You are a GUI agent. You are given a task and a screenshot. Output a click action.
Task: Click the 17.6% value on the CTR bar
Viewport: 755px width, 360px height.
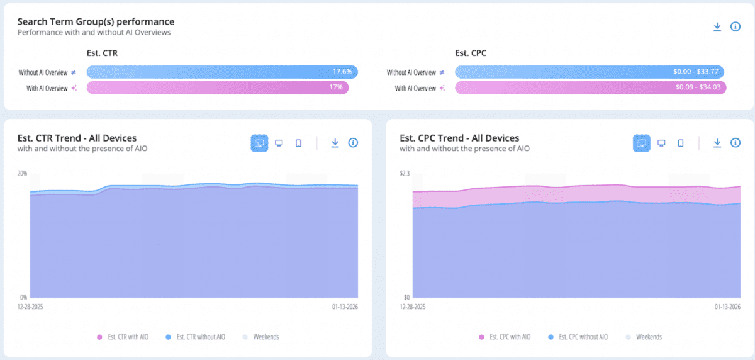(x=342, y=72)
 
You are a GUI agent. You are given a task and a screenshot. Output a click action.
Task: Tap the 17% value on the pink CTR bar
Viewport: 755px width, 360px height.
(x=336, y=87)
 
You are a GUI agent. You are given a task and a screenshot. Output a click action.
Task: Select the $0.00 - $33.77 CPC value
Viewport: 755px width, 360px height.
(x=695, y=72)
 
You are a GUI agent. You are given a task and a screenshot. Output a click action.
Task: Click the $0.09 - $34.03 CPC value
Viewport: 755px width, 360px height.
(x=698, y=87)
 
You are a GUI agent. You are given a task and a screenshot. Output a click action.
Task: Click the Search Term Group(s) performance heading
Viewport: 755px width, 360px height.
(x=96, y=22)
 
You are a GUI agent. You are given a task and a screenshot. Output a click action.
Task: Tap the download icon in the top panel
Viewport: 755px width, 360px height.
(x=717, y=26)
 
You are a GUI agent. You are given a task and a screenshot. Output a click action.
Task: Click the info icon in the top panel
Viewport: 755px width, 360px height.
(x=735, y=26)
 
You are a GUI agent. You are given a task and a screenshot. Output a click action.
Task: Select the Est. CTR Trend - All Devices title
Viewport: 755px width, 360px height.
(x=77, y=138)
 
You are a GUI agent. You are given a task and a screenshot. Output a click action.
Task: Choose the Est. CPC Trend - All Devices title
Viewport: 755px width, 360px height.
(x=459, y=138)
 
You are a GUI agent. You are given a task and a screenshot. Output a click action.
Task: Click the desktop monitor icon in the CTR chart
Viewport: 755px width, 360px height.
(x=279, y=143)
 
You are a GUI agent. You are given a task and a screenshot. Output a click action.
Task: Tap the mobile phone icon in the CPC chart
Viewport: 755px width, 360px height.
(x=681, y=143)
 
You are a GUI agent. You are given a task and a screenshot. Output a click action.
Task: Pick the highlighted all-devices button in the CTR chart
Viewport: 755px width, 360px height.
(x=259, y=143)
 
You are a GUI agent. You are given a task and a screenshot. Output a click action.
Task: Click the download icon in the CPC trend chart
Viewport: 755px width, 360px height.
(x=717, y=143)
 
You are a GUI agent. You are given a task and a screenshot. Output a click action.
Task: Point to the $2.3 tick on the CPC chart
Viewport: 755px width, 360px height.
(x=405, y=173)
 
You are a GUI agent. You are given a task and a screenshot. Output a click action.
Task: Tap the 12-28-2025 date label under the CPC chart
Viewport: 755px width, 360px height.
(x=413, y=307)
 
